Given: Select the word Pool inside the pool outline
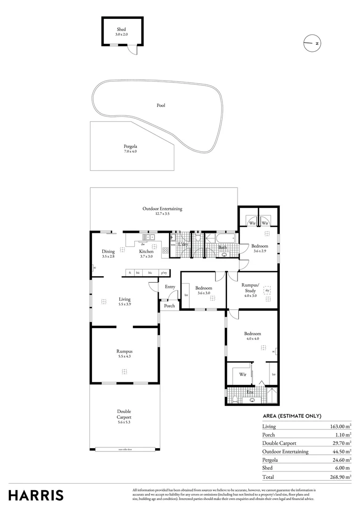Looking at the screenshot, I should [x=161, y=106].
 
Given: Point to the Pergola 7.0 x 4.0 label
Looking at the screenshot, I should [x=131, y=149].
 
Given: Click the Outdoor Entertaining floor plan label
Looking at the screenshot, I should [x=162, y=211].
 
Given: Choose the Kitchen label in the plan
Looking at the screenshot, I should [x=146, y=254].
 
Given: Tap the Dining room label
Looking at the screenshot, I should [x=108, y=254].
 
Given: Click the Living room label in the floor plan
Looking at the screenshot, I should [x=124, y=302].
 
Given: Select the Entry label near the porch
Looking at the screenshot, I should [x=170, y=287].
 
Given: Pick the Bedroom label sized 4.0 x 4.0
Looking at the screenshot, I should [x=253, y=336].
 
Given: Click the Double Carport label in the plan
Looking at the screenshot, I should [x=124, y=417].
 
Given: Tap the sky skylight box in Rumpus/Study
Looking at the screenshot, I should [x=267, y=291].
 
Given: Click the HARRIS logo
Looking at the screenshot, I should [x=36, y=495].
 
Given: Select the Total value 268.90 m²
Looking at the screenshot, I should [x=340, y=477].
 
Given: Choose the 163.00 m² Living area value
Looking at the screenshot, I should [x=340, y=427].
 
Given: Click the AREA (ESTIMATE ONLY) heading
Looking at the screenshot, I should [x=292, y=416].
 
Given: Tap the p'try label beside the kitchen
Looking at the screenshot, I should [x=164, y=273].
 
